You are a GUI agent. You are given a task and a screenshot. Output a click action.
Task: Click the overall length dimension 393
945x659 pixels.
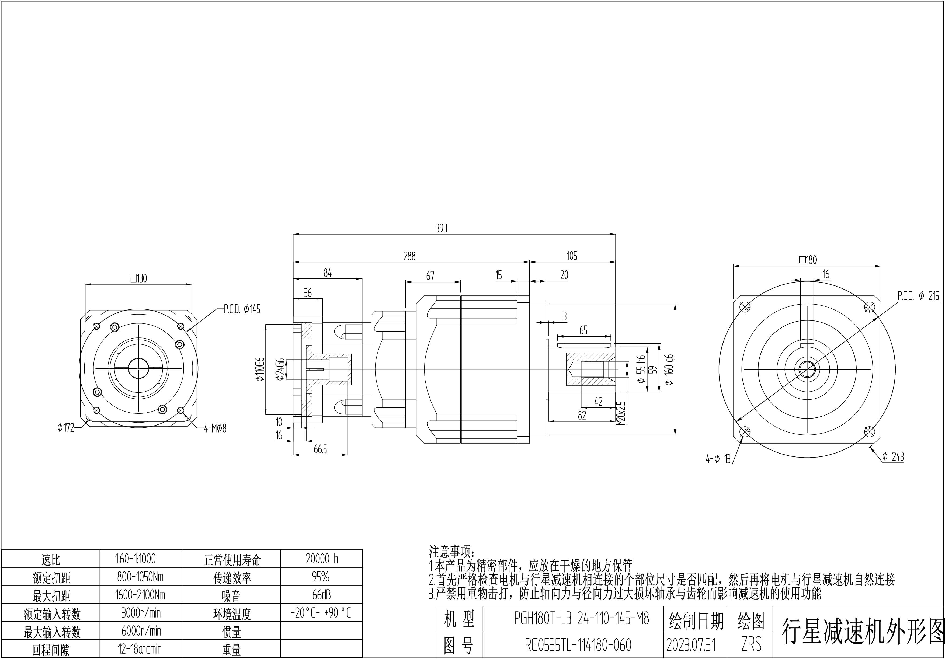click(441, 228)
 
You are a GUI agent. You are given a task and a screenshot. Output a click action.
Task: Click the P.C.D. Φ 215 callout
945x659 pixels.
click(918, 295)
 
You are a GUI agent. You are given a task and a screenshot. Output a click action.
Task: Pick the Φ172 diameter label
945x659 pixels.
click(66, 428)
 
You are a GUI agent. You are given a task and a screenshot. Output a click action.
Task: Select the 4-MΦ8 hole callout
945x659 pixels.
click(215, 428)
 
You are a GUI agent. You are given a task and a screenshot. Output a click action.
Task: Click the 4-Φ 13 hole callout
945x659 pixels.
click(718, 459)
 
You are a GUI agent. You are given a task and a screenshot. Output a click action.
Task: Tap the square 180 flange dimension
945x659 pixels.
click(808, 260)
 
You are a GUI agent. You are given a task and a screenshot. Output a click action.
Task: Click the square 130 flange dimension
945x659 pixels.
click(139, 278)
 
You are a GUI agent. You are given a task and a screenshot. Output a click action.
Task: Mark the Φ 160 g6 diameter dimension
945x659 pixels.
click(669, 369)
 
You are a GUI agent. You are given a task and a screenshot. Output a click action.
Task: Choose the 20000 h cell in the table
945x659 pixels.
click(322, 559)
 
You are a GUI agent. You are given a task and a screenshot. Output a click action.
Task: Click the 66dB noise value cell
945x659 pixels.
click(321, 595)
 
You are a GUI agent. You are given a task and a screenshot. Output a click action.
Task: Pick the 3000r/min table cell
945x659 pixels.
click(141, 613)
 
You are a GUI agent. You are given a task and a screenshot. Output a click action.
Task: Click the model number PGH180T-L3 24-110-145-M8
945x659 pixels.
click(581, 618)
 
